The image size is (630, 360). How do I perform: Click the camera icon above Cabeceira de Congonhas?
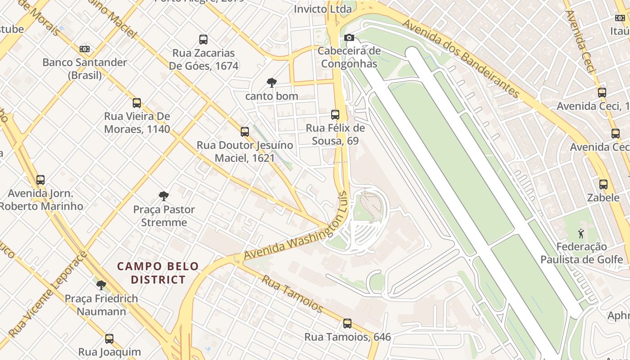349,37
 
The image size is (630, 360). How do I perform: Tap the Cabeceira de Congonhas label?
349,57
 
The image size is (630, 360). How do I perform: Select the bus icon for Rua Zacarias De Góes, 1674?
203,40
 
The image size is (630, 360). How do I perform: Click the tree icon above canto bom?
271,82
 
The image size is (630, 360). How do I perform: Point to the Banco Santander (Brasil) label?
85,68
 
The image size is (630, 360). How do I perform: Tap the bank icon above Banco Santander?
85,49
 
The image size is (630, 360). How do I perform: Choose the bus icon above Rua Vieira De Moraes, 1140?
137,103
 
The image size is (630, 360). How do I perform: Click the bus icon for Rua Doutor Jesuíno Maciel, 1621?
245,132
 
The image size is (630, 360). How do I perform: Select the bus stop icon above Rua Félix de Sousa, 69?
335,114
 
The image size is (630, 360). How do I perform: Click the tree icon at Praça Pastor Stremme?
164,196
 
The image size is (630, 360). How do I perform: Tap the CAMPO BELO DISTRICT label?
158,273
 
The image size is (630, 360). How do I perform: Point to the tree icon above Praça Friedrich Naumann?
101,285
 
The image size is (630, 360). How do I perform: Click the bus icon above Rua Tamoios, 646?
347,323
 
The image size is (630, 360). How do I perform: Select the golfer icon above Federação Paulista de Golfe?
581,233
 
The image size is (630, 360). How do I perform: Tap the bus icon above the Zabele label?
603,184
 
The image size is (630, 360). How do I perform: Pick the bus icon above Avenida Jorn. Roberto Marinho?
40,180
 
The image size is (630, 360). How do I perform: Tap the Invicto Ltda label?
323,9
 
